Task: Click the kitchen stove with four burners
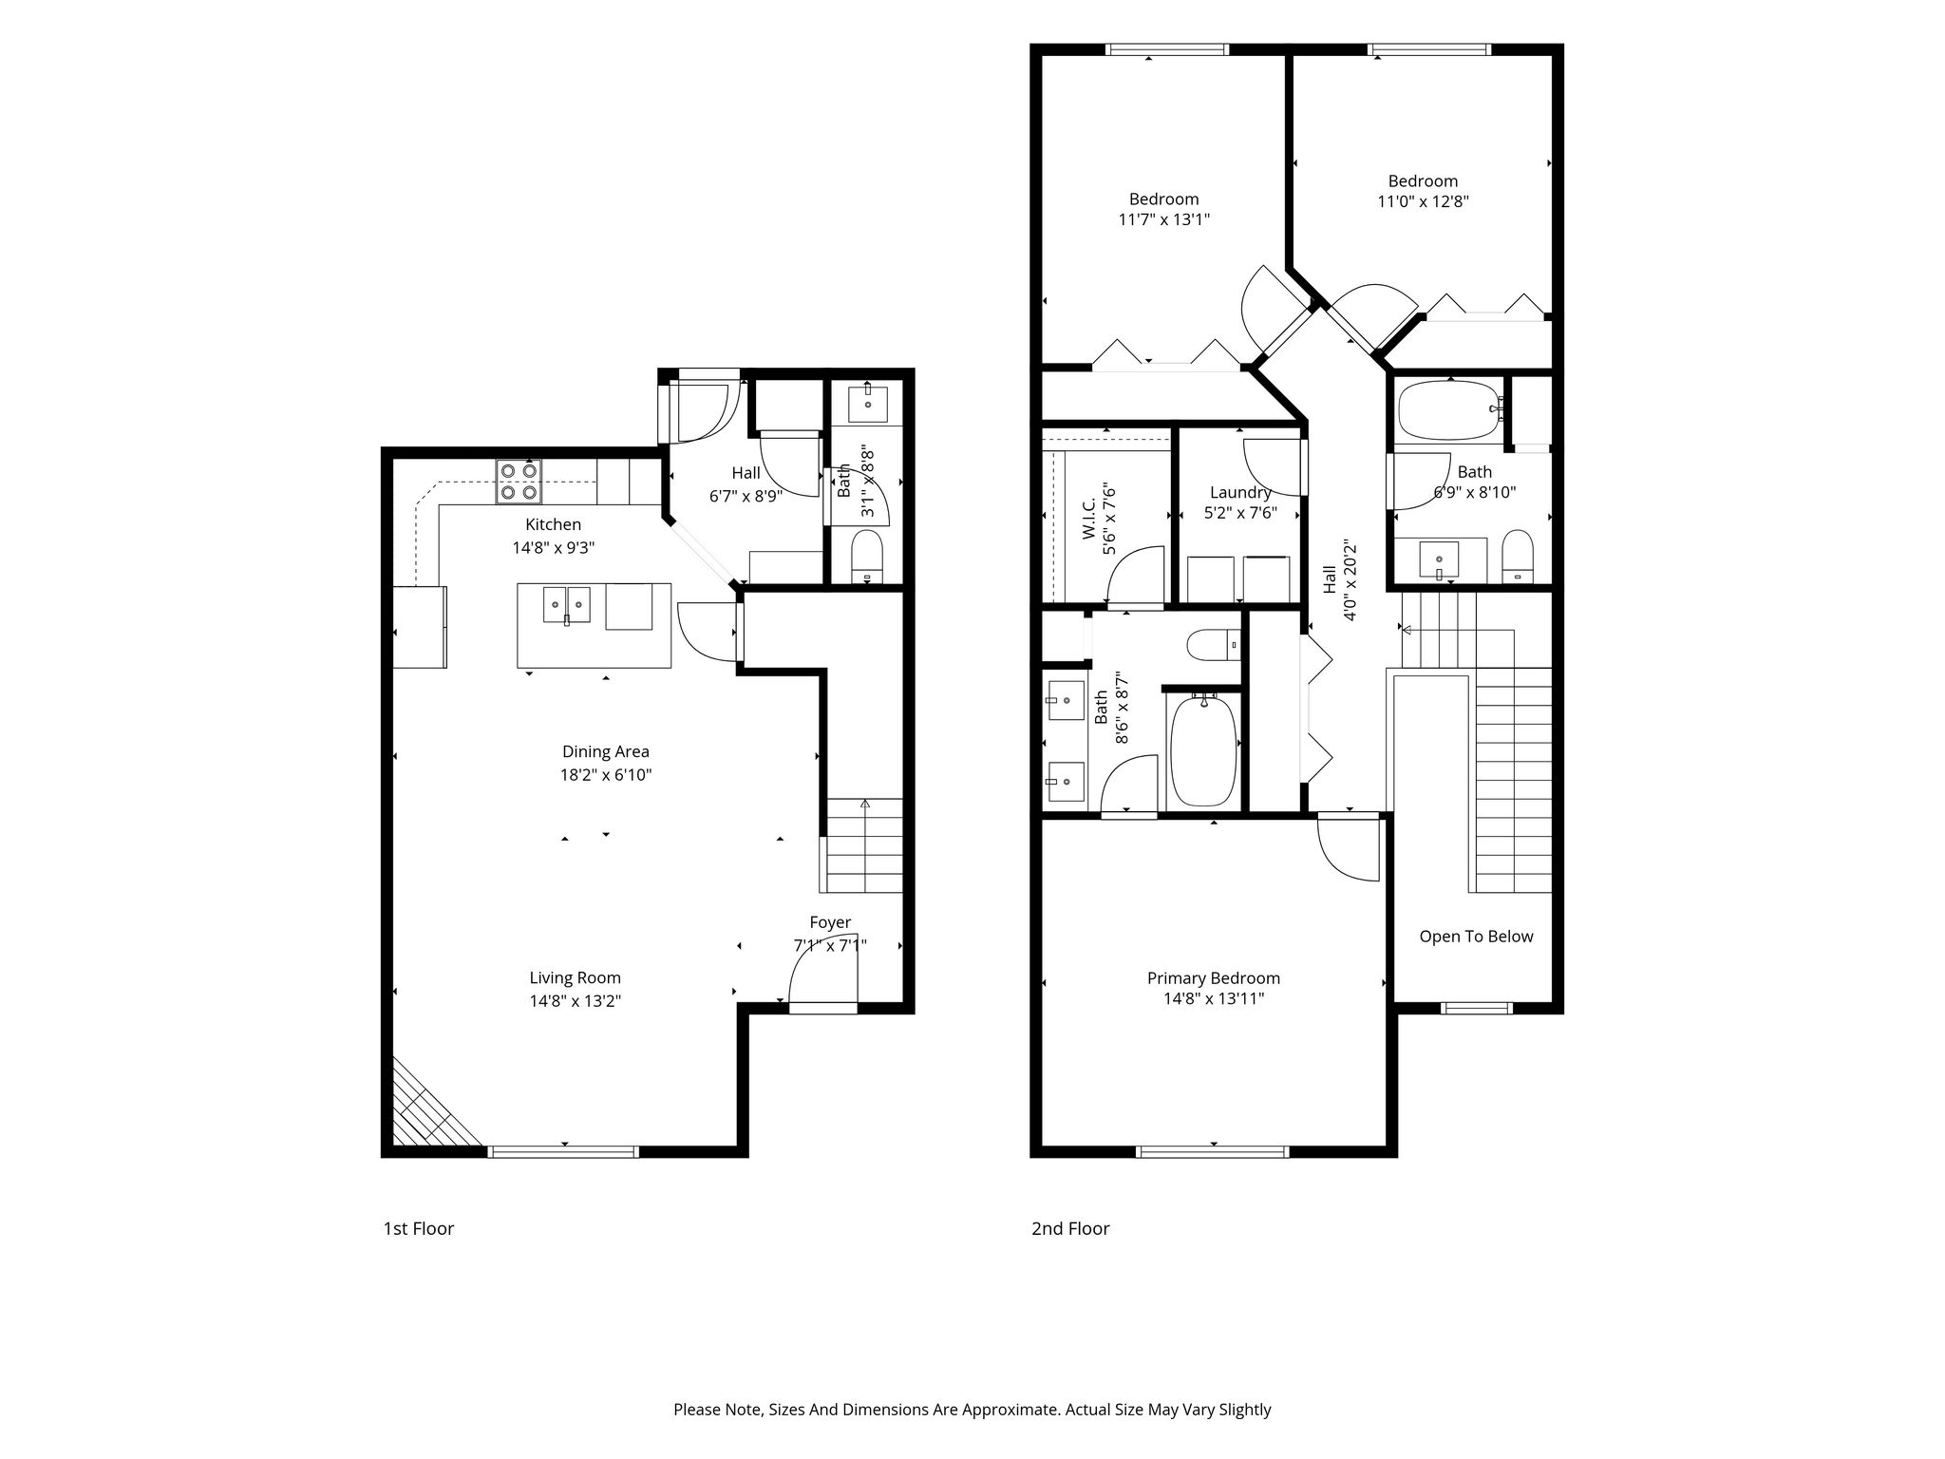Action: click(519, 481)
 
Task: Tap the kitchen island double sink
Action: click(567, 604)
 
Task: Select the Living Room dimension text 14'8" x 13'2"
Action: click(576, 1000)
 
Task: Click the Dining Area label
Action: click(606, 751)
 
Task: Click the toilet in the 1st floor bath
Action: click(867, 557)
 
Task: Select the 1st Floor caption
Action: click(419, 1228)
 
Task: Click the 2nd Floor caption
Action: click(1070, 1228)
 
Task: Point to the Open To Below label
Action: click(1476, 937)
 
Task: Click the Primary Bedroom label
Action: click(1214, 978)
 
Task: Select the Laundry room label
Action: click(1240, 492)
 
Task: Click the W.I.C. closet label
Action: click(1089, 518)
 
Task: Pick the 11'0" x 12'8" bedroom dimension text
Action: click(1423, 201)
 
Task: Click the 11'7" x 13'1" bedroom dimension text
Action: click(1164, 219)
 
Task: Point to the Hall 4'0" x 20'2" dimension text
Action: click(1350, 580)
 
